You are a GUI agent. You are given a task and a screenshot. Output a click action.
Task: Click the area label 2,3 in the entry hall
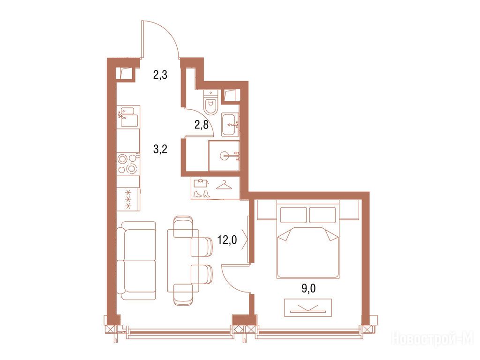pos(160,75)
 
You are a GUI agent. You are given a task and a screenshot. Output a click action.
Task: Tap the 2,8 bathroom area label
pos(202,125)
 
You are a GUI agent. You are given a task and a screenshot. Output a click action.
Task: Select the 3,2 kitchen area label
pos(160,150)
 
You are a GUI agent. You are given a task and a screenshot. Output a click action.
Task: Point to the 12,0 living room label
pos(227,240)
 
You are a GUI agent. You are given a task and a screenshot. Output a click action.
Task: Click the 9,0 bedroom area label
pos(308,288)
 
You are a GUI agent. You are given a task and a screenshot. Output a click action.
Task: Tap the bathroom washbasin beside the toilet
pos(230,125)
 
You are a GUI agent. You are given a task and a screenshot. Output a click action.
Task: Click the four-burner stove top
pos(128,164)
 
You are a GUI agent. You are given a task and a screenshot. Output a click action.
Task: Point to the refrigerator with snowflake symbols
pos(128,199)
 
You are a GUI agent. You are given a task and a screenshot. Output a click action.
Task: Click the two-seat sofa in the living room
pos(136,261)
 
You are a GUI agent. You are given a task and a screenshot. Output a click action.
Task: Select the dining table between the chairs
pos(183,261)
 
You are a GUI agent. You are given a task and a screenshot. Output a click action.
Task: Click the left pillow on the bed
pos(293,215)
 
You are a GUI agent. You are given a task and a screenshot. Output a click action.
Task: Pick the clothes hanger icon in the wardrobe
pos(224,185)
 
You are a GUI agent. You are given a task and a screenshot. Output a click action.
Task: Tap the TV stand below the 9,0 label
pos(308,307)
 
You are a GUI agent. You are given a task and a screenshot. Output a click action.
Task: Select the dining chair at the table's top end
pos(183,226)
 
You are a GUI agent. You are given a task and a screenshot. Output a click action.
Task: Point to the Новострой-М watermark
pos(433,338)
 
